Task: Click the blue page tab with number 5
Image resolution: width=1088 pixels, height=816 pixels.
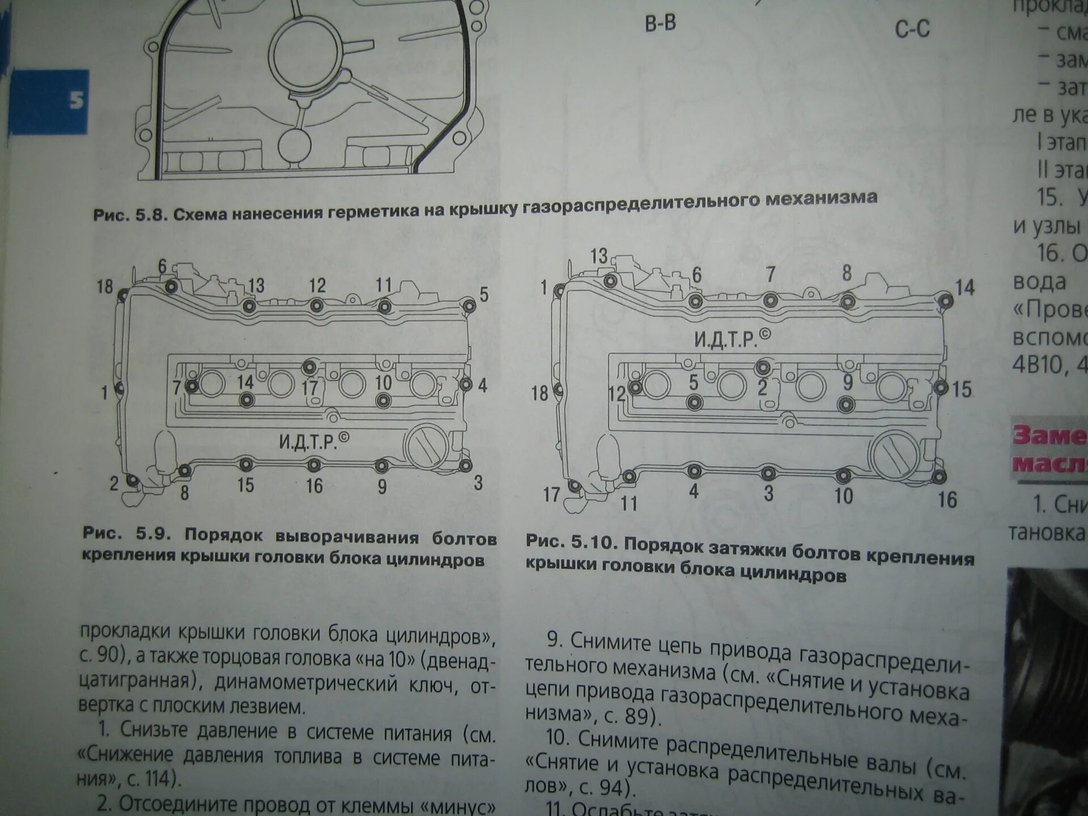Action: pyautogui.click(x=50, y=101)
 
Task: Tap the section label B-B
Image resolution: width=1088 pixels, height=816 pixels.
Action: pyautogui.click(x=660, y=24)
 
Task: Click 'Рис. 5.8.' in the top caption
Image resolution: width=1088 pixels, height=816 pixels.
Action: pyautogui.click(x=129, y=215)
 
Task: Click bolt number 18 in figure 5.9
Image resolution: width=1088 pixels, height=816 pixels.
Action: pyautogui.click(x=105, y=287)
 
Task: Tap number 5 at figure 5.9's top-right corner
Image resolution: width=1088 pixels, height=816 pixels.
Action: pyautogui.click(x=483, y=294)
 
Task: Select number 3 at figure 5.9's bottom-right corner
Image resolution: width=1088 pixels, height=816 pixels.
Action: pyautogui.click(x=478, y=483)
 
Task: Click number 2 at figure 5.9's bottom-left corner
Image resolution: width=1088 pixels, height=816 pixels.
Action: pyautogui.click(x=114, y=483)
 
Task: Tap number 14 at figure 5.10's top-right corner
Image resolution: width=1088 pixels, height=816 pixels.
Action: pyautogui.click(x=965, y=287)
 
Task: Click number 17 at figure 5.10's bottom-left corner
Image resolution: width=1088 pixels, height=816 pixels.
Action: pyautogui.click(x=551, y=495)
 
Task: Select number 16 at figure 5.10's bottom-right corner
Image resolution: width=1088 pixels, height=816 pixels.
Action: pyautogui.click(x=947, y=500)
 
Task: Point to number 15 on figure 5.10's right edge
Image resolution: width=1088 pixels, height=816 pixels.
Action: pyautogui.click(x=962, y=389)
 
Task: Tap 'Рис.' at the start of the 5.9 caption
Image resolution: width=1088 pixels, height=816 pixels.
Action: pyautogui.click(x=103, y=533)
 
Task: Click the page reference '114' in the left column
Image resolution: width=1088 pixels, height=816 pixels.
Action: pyautogui.click(x=156, y=779)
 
